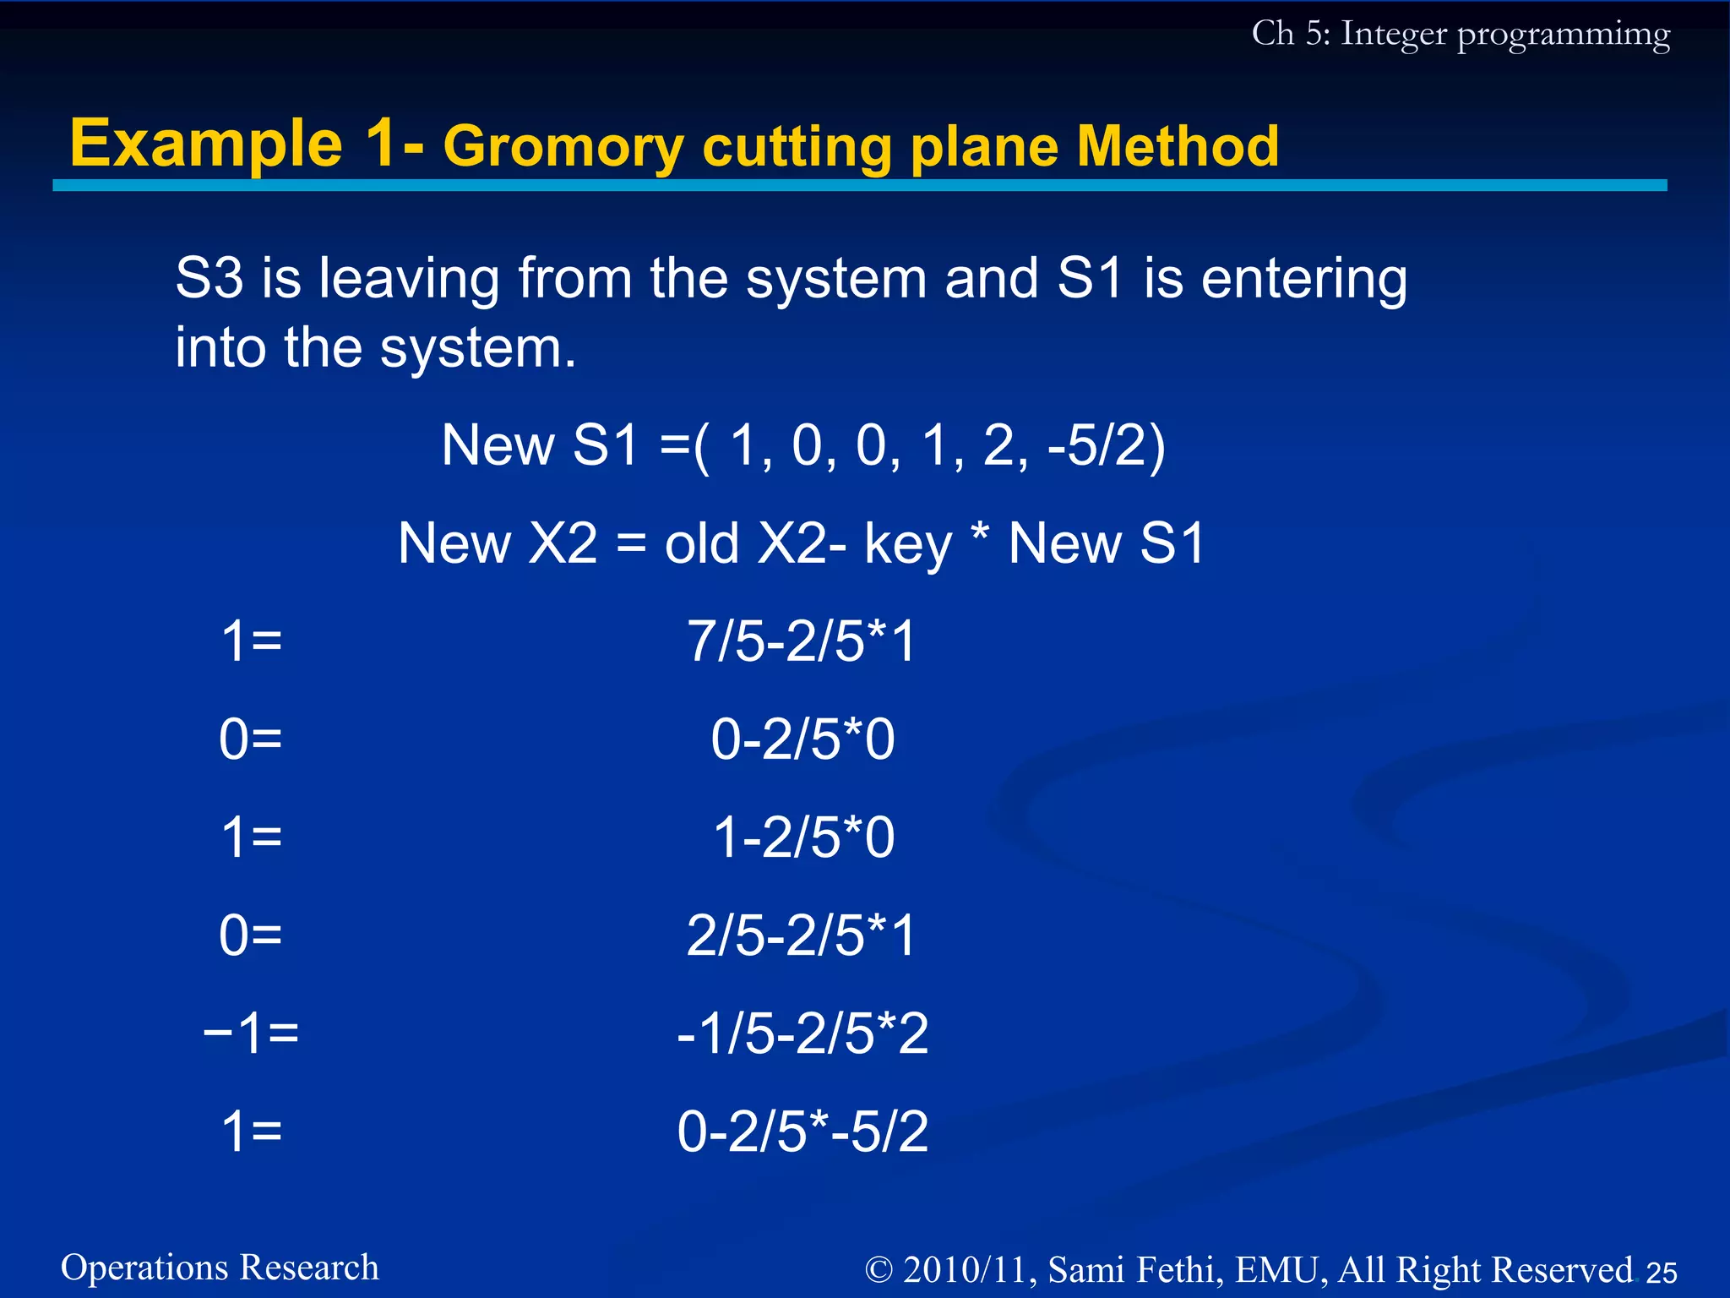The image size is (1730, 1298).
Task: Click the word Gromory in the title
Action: click(x=563, y=147)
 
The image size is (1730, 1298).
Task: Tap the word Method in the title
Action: click(x=1178, y=147)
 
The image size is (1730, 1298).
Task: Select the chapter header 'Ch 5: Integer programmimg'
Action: click(x=1461, y=34)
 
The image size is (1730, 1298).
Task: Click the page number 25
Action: click(x=1662, y=1272)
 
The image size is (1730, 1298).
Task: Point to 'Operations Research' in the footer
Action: click(x=220, y=1268)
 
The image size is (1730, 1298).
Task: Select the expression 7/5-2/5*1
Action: click(x=802, y=641)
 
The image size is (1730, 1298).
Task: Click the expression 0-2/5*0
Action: click(x=802, y=739)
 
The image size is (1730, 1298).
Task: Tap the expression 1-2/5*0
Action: click(x=803, y=837)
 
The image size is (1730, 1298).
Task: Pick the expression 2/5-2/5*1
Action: click(x=802, y=935)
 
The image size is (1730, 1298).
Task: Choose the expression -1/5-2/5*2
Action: click(x=802, y=1033)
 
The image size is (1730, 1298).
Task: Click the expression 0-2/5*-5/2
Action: click(x=802, y=1131)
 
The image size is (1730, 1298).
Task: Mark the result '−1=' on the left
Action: click(x=251, y=1033)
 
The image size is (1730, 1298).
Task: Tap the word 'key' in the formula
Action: click(x=908, y=545)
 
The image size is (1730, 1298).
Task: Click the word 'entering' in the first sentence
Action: click(x=1304, y=279)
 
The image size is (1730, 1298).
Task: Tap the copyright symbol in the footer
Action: click(x=879, y=1270)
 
